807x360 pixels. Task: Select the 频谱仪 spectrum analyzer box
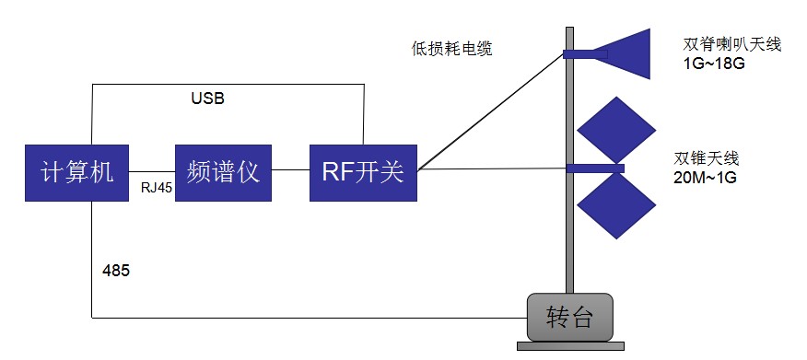pyautogui.click(x=224, y=172)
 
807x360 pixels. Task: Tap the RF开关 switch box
pyautogui.click(x=363, y=172)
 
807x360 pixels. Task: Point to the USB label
pyautogui.click(x=207, y=98)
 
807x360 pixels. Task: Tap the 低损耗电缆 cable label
pyautogui.click(x=451, y=49)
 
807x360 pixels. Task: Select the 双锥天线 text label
pyautogui.click(x=707, y=157)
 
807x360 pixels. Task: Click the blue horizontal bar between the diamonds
pyautogui.click(x=595, y=168)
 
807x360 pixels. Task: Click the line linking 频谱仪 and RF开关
pyautogui.click(x=291, y=170)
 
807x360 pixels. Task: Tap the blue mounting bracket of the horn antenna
pyautogui.click(x=579, y=53)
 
